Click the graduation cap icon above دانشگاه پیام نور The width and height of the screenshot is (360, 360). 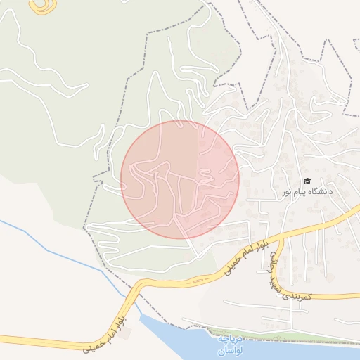tap(307, 181)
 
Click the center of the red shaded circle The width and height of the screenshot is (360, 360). tap(180, 179)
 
